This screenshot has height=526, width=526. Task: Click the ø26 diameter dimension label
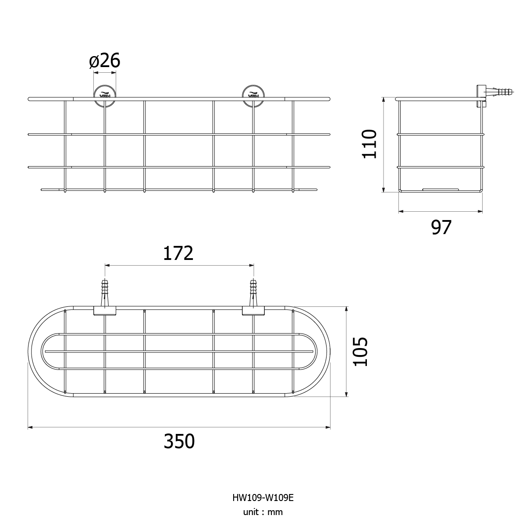105,60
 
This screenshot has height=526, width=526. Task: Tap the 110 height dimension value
370,144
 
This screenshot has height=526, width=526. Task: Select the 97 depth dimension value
441,227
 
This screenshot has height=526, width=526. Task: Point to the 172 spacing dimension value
178,253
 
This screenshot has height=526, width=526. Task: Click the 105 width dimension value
360,352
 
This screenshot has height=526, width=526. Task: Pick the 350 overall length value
179,441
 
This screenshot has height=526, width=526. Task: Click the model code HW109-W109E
263,498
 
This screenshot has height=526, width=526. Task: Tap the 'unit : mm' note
263,512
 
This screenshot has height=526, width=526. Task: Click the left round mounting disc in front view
105,96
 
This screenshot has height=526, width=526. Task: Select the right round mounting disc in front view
253,96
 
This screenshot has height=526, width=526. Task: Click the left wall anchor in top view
105,293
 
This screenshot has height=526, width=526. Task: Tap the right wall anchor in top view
253,293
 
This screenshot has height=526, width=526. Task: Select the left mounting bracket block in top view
105,311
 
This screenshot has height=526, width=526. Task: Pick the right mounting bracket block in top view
253,311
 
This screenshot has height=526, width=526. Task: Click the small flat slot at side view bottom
441,189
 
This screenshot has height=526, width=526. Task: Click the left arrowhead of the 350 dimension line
30,427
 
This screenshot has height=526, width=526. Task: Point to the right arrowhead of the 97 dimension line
480,211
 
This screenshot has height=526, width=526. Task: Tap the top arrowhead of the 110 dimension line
384,100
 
